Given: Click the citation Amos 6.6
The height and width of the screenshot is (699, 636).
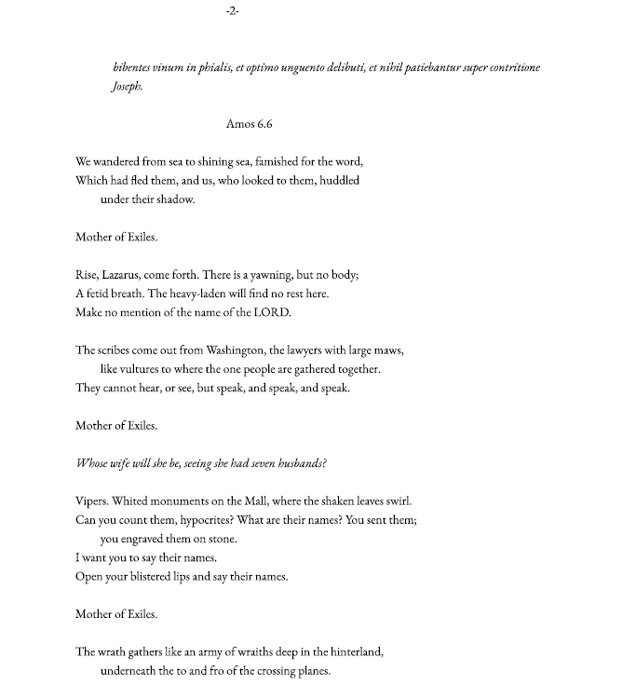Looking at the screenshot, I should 249,124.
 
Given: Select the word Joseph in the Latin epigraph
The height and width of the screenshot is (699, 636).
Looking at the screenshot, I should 127,87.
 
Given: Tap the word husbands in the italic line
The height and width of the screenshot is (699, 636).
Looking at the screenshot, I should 294,463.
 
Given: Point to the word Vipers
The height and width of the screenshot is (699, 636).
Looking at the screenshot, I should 91,500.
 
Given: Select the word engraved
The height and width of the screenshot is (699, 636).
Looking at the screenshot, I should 150,539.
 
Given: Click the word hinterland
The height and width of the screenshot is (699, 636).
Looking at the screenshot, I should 353,652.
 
